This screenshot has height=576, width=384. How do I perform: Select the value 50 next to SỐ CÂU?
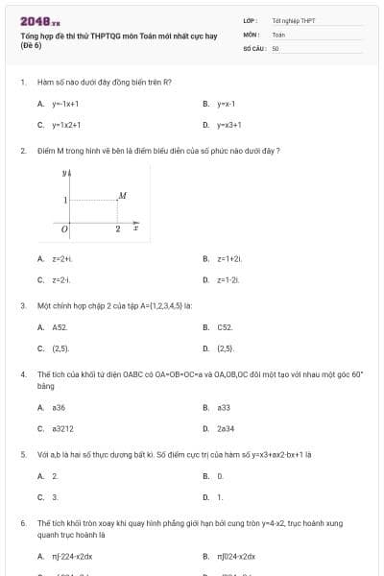(276, 47)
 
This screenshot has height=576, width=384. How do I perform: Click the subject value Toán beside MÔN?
(278, 34)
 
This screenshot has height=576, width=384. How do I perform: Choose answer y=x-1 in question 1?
(227, 103)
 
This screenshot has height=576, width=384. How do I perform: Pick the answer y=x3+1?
(228, 125)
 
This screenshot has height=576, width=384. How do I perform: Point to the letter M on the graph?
(122, 196)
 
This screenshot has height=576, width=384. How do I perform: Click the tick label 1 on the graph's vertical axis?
(65, 200)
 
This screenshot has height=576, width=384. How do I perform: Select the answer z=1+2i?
(229, 258)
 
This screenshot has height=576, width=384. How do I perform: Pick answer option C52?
(226, 327)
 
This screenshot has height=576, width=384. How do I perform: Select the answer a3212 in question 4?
(63, 428)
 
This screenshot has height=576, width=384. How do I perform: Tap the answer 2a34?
(227, 428)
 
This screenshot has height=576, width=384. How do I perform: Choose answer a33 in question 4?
(224, 407)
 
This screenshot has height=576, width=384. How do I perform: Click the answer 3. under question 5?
(55, 497)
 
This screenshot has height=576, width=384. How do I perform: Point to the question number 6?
(22, 523)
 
